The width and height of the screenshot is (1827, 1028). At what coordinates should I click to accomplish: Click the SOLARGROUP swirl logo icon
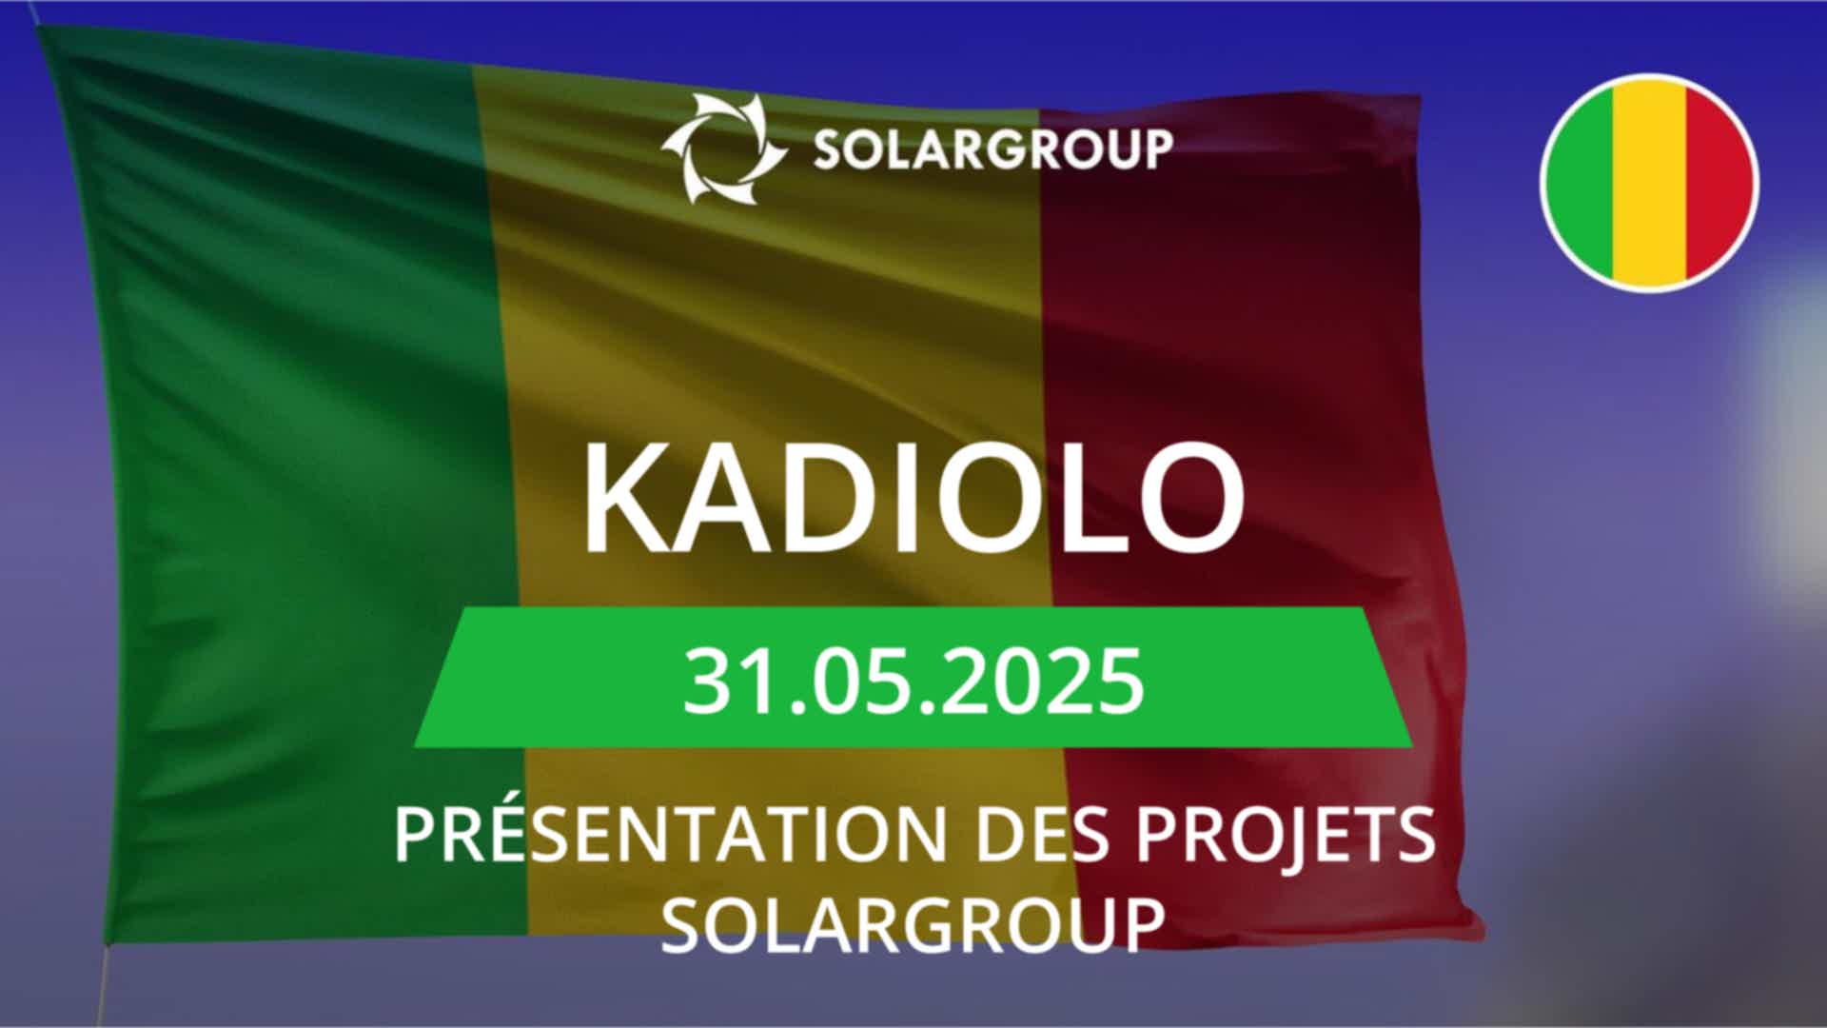725,148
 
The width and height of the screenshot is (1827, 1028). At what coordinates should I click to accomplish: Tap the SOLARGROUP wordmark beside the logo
992,149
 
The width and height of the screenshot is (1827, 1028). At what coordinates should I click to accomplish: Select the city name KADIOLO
913,498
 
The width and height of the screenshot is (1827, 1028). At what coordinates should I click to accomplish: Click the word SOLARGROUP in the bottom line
913,923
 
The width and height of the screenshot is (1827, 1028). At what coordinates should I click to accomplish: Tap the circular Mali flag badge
1649,183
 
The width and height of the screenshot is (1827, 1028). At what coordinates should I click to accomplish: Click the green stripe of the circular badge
1580,183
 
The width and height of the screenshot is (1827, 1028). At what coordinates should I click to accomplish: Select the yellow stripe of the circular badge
1650,183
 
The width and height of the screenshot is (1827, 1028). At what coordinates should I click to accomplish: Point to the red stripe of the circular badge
1720,183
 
